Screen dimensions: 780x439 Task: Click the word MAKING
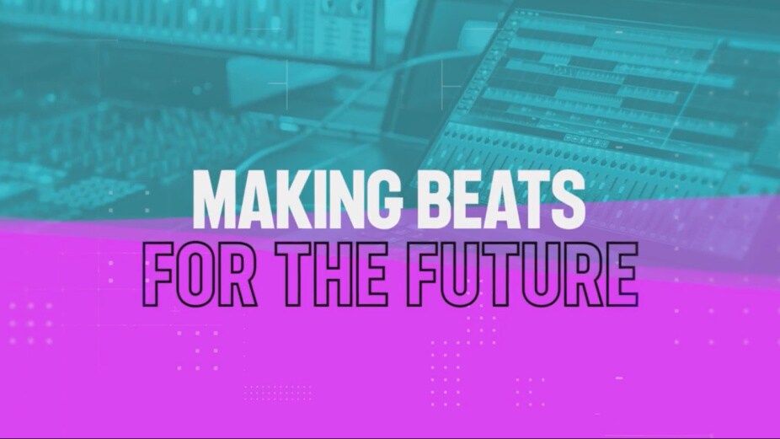click(297, 199)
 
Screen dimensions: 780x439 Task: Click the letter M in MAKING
click(216, 199)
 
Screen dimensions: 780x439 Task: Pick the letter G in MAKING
click(383, 199)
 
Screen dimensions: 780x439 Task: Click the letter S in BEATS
click(568, 199)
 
